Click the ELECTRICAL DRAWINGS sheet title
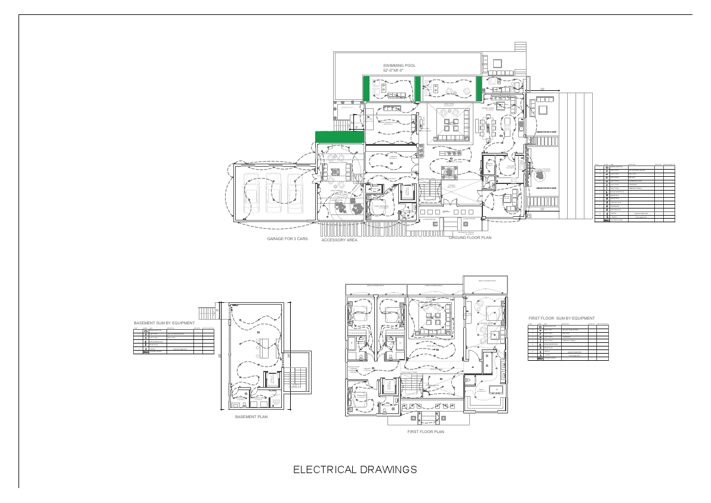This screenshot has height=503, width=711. tap(355, 470)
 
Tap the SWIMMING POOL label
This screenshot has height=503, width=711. tap(399, 65)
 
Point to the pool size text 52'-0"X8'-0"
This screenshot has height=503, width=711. tap(393, 70)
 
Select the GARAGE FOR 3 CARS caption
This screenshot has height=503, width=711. tap(287, 239)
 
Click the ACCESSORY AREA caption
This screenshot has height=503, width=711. tap(339, 240)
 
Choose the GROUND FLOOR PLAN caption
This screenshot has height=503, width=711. tap(470, 237)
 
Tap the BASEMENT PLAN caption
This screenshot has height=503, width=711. tap(251, 416)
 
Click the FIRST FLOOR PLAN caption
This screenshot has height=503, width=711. tap(426, 431)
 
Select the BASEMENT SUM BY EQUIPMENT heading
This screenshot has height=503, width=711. tap(164, 323)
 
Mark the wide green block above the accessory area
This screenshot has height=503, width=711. tap(339, 137)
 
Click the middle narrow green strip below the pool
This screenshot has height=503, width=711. tap(418, 88)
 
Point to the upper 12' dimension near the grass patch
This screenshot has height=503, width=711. tap(542, 90)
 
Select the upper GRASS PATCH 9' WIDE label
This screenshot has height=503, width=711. tap(546, 133)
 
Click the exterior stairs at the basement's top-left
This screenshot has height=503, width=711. tap(206, 312)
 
